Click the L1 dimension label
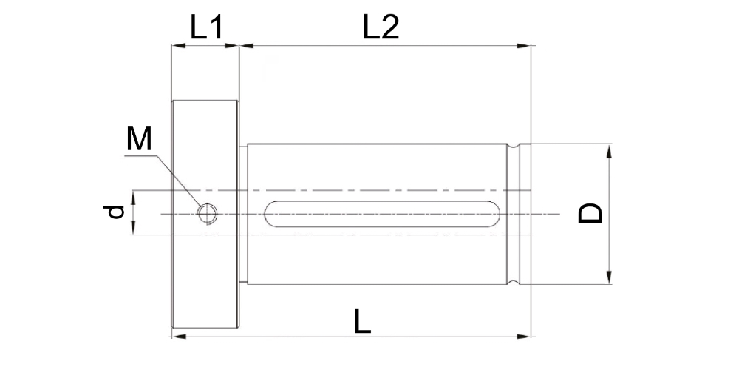point(206,27)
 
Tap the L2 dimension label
point(381,27)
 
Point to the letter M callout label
point(139,139)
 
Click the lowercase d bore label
point(115,212)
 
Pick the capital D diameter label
point(590,213)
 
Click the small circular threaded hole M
point(208,214)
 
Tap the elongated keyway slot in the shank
point(382,215)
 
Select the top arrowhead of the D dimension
point(609,151)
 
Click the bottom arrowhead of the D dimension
point(609,277)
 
